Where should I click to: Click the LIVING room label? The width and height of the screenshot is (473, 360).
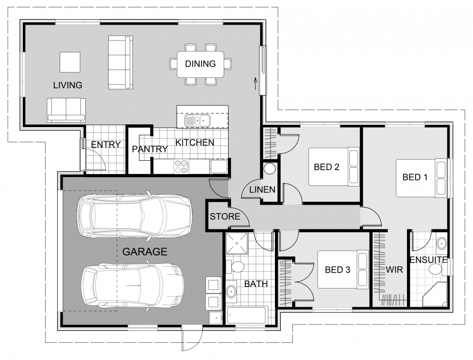68,85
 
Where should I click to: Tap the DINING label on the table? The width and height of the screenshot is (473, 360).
200,64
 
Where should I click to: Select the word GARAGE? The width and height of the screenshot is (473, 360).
144,252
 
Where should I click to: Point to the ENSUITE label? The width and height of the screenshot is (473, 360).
428,260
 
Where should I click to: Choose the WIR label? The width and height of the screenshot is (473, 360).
395,270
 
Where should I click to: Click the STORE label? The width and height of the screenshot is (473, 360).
225,216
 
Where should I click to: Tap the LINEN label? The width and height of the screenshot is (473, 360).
262,190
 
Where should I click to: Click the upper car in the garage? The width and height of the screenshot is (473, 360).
134,215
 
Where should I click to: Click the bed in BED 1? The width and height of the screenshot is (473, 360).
423,178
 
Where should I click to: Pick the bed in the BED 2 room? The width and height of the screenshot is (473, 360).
334,167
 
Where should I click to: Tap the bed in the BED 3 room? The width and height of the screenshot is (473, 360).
342,269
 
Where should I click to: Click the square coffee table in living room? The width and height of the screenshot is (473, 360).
70,62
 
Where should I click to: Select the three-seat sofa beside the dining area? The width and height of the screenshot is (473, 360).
120,62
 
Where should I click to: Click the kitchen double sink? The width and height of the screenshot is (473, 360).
197,120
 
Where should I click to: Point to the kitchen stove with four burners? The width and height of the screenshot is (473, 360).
181,166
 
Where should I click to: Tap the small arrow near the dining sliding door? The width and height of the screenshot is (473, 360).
255,83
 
